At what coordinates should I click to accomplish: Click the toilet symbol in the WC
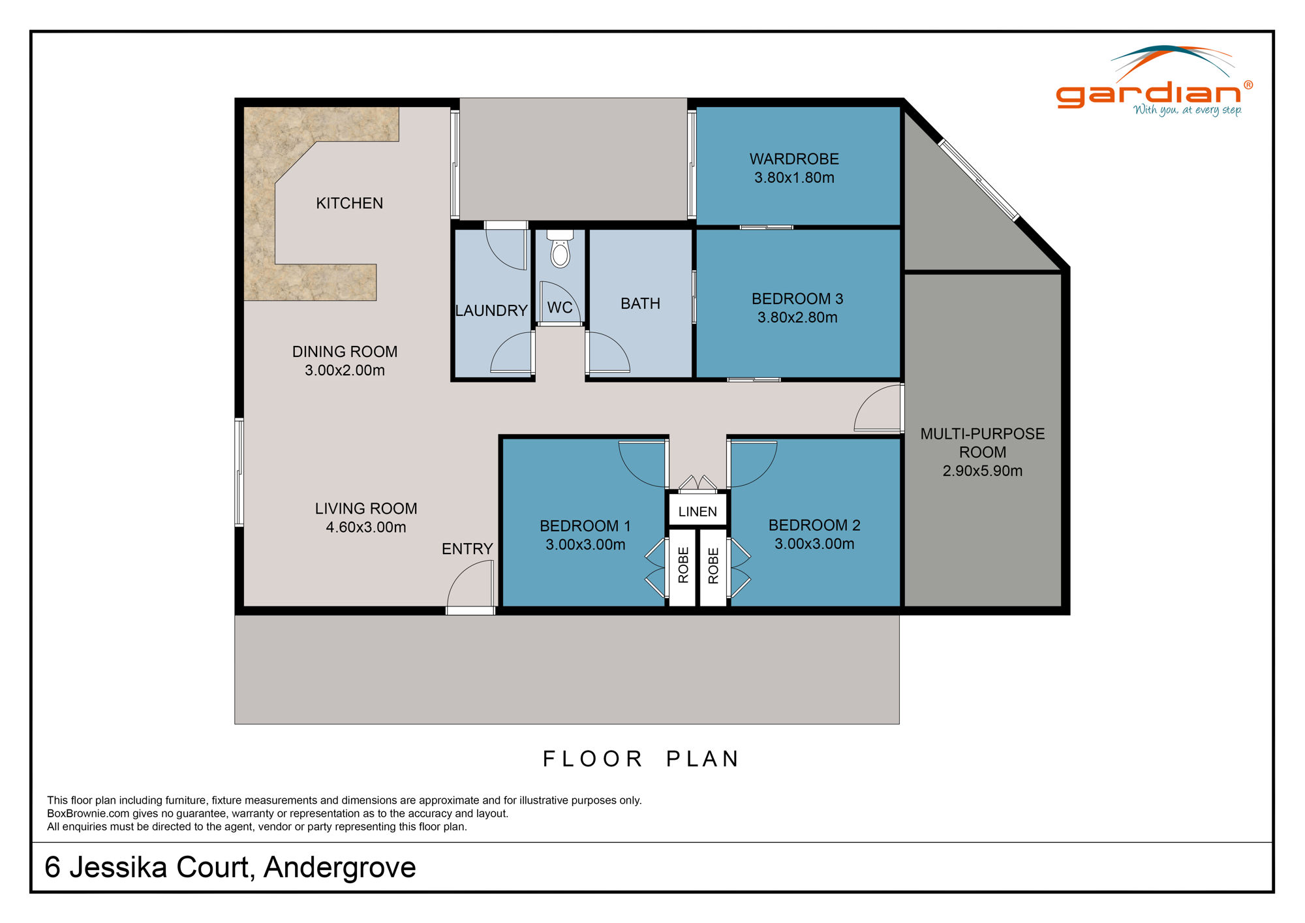click(560, 250)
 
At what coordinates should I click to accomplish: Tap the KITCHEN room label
click(349, 203)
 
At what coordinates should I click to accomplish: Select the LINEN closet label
click(697, 512)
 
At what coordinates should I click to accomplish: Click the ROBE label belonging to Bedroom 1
click(683, 565)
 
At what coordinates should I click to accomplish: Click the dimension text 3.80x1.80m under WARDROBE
click(794, 178)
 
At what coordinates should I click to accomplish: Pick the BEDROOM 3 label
click(797, 298)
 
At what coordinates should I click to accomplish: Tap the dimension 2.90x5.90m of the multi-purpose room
click(982, 471)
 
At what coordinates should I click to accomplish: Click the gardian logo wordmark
click(1148, 94)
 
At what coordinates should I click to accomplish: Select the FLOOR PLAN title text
click(641, 759)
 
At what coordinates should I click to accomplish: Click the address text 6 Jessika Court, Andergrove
click(230, 868)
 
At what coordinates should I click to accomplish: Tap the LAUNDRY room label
click(491, 311)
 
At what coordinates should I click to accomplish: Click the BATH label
click(640, 304)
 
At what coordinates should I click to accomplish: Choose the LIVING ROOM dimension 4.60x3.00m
click(365, 527)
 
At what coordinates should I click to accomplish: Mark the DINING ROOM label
click(345, 351)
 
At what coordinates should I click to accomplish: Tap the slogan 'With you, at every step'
click(1187, 110)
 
